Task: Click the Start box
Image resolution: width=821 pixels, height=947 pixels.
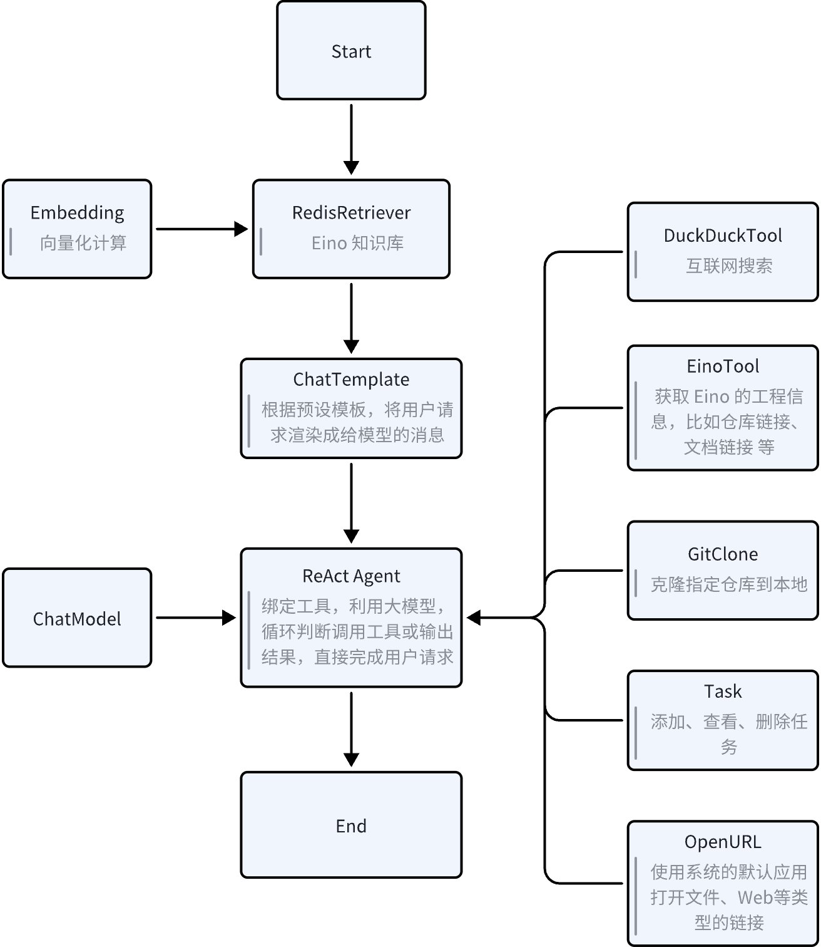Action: pos(351,51)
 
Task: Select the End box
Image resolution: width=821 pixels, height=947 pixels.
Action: pos(351,825)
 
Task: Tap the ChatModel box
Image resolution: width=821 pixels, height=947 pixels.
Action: pos(77,618)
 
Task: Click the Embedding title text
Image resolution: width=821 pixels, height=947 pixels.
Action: pos(77,212)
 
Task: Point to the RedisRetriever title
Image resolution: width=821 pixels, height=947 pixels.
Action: pos(351,212)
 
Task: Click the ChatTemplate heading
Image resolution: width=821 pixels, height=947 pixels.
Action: pos(351,379)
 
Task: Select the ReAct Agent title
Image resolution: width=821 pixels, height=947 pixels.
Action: pos(351,576)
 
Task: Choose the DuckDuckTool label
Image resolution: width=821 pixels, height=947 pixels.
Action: pos(723,235)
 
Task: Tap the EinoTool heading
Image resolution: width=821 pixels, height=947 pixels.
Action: pos(723,366)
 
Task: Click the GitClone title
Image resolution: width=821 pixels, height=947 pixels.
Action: pos(723,554)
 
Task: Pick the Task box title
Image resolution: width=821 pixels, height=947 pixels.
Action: pos(723,691)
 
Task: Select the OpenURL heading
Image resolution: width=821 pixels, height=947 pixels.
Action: pos(723,841)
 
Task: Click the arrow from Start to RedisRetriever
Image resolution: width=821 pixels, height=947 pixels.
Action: pos(351,138)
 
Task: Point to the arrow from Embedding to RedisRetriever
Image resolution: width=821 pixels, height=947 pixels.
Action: pos(200,229)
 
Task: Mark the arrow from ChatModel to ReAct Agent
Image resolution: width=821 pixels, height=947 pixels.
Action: pos(194,618)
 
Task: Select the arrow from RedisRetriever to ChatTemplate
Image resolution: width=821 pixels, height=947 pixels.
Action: pos(351,317)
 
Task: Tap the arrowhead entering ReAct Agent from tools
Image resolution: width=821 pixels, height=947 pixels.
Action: pos(474,618)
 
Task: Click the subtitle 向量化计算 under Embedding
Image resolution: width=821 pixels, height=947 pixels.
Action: pos(83,242)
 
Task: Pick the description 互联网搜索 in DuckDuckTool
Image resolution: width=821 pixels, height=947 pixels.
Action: pos(729,266)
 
